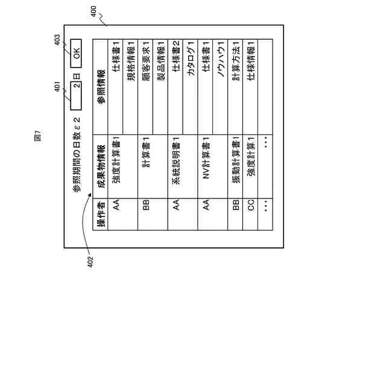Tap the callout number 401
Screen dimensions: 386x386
[x=57, y=87]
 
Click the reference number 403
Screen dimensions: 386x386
[x=57, y=40]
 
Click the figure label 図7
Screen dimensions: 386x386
[x=37, y=136]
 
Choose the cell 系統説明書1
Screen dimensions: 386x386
[x=176, y=159]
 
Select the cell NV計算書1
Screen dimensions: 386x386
[x=206, y=160]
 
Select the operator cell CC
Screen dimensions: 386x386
[x=251, y=204]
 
